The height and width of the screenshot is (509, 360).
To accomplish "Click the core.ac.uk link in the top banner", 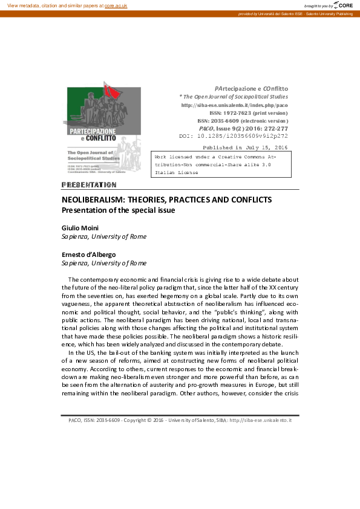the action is click(x=116, y=5).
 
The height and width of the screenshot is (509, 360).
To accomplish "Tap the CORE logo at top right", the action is click(x=345, y=5).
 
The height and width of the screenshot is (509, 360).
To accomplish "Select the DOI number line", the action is click(x=242, y=136).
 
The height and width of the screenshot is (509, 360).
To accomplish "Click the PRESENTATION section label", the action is click(x=89, y=184).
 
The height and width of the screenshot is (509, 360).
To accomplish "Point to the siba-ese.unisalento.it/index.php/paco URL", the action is click(x=235, y=105).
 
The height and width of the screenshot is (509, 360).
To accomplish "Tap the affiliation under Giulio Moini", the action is click(x=104, y=236).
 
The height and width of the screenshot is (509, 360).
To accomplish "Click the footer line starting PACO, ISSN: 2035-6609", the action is click(x=180, y=419).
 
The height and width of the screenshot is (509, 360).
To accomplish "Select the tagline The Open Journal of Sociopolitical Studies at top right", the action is click(x=234, y=97).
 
